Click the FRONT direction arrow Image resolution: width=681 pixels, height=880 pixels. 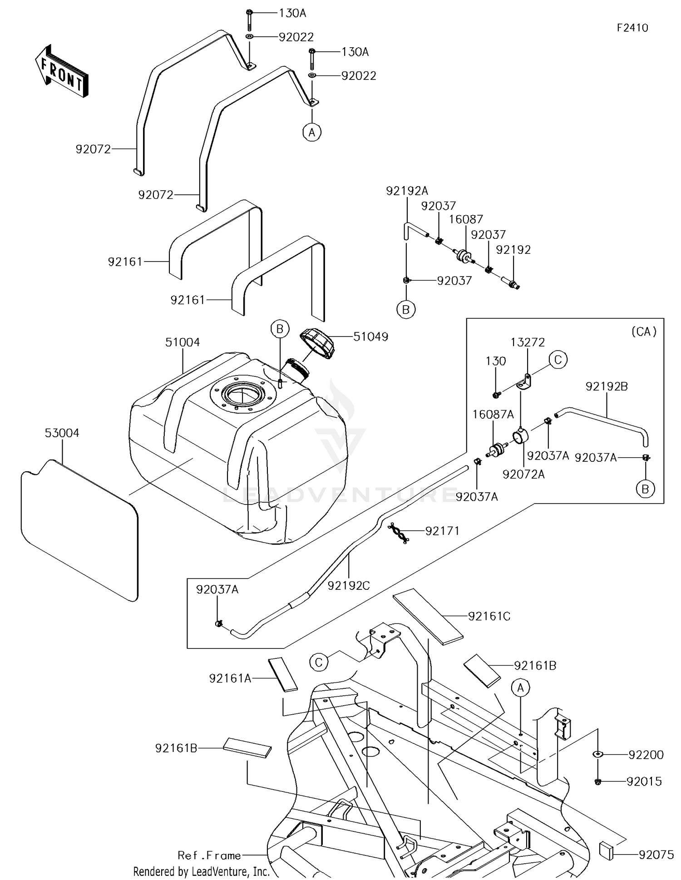61,71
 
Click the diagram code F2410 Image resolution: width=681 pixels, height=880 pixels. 632,28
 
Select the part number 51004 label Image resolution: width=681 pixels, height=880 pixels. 183,342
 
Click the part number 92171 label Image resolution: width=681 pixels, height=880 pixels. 442,531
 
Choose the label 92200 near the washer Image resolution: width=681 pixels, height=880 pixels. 646,755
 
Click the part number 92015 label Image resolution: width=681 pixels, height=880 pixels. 644,781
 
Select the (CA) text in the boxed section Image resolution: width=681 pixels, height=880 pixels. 644,331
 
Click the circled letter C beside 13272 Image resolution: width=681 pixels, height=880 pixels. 558,360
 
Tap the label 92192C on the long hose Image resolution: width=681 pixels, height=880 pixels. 349,586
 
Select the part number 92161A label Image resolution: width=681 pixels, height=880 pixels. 230,678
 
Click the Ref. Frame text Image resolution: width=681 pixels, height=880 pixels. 209,855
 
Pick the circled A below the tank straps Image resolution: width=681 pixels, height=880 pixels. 312,133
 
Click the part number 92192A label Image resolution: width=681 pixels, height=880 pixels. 407,191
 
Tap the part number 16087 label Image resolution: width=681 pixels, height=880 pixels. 466,219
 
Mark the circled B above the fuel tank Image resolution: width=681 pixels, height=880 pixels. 280,329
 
